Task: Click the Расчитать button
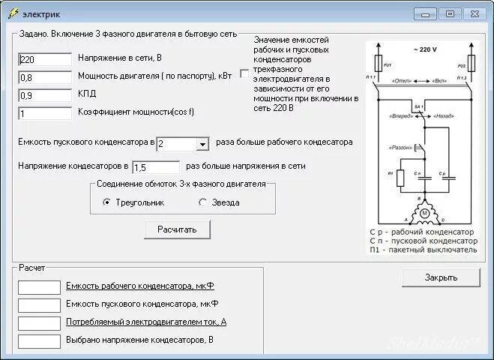point(177,229)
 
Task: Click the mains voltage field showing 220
point(45,59)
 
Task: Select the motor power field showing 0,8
point(45,77)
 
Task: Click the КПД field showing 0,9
point(45,95)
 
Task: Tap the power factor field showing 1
point(45,113)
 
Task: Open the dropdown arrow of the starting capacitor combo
point(202,144)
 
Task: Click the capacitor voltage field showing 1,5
point(156,167)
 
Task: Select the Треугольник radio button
point(107,202)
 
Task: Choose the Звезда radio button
point(202,202)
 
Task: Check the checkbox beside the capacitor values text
point(244,73)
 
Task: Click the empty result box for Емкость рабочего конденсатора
point(39,286)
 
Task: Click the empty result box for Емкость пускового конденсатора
point(39,304)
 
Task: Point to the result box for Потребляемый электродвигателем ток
point(39,322)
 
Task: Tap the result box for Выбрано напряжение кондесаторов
point(39,340)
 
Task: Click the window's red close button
point(474,13)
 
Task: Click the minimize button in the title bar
point(425,13)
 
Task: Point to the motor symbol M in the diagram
point(424,214)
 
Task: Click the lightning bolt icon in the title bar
point(11,13)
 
